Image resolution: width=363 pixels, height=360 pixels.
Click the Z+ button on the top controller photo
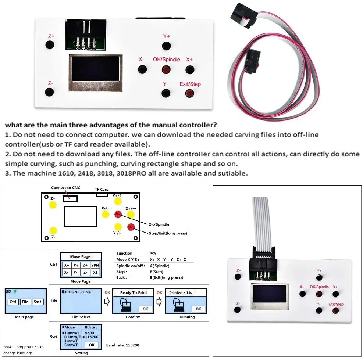(x=50, y=45)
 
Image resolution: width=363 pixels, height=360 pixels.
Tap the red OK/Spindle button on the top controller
(x=166, y=69)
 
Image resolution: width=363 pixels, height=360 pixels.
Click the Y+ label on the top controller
(x=167, y=36)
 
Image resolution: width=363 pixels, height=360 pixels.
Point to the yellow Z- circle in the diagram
(x=53, y=230)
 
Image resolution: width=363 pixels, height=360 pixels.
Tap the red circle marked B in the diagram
(x=130, y=227)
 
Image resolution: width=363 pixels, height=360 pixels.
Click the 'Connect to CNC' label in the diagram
(x=65, y=188)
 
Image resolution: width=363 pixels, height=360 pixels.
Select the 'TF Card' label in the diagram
(x=102, y=190)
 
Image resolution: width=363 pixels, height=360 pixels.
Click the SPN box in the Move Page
(x=95, y=265)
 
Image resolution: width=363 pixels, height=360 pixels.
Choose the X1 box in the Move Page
(x=95, y=273)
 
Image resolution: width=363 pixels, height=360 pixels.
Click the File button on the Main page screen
(x=25, y=302)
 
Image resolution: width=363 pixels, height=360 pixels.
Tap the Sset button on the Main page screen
(x=38, y=302)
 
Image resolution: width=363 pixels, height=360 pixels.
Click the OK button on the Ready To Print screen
(x=145, y=309)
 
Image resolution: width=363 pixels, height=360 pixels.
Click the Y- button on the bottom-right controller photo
(x=319, y=310)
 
